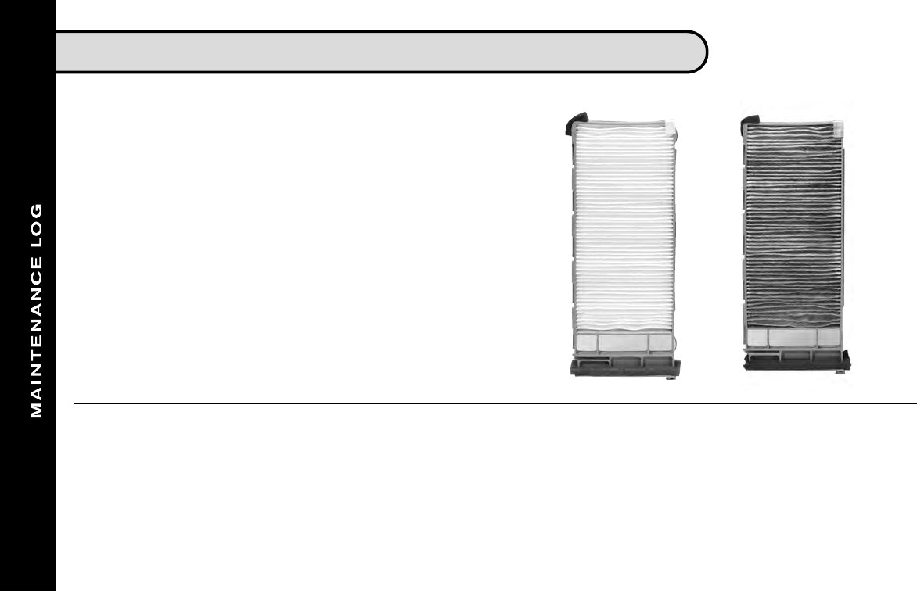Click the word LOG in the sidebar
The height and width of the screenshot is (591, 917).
[x=36, y=222]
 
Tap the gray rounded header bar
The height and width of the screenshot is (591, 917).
[x=376, y=52]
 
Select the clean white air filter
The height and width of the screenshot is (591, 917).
[x=624, y=235]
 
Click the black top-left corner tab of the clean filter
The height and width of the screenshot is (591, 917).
[x=574, y=122]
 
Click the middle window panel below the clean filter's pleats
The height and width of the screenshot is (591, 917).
[x=624, y=342]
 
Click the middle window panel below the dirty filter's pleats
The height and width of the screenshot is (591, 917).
[x=793, y=337]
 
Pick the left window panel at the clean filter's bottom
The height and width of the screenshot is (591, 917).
[x=586, y=342]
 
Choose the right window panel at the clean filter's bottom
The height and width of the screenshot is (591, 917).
[x=660, y=342]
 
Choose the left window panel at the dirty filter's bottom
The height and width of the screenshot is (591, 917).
[x=757, y=337]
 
